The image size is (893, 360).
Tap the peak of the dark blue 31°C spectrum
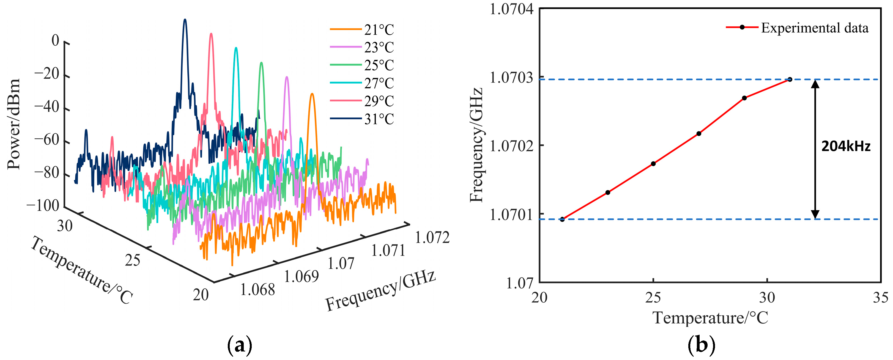click(x=185, y=20)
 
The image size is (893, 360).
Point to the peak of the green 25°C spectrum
click(x=261, y=63)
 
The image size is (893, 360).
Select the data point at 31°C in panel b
click(x=790, y=79)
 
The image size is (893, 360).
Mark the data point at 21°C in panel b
click(x=562, y=219)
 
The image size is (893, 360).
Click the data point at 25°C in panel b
click(x=653, y=164)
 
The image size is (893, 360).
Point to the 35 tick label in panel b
click(x=881, y=298)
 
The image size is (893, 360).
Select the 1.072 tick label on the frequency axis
click(x=432, y=238)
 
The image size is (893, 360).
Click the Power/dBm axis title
click(x=14, y=124)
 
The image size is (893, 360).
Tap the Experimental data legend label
click(x=815, y=28)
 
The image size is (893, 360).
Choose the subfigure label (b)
click(x=701, y=345)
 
